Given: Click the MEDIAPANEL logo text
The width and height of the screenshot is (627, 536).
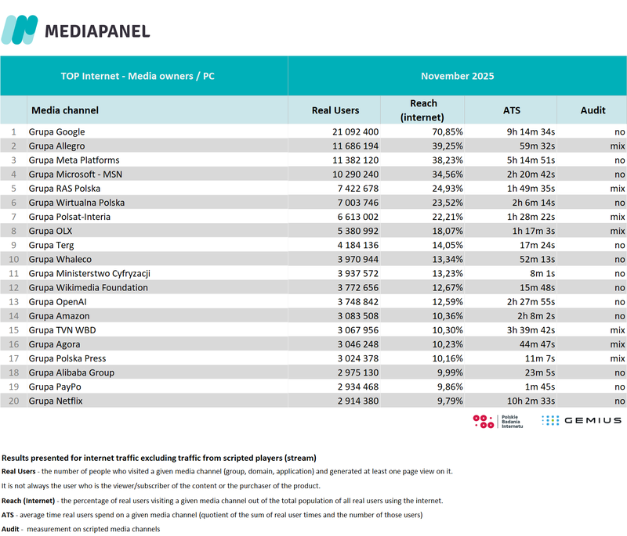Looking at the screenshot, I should tap(97, 31).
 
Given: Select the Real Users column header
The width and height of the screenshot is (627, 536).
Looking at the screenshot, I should tap(335, 110).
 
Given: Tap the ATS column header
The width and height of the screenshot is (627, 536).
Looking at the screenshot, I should tap(511, 110).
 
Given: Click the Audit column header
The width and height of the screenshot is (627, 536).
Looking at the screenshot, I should tap(593, 110).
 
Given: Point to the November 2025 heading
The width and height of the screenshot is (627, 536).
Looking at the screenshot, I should tap(457, 76).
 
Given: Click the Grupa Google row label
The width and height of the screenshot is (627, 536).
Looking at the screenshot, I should tap(56, 132).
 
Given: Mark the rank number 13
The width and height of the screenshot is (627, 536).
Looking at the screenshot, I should tap(13, 302).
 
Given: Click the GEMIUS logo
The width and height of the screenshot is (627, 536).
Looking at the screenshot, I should tap(581, 420).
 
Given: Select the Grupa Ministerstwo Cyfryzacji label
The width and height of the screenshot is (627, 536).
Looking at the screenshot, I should tap(89, 274).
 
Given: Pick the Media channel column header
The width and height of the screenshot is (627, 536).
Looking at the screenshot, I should tap(65, 110).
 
